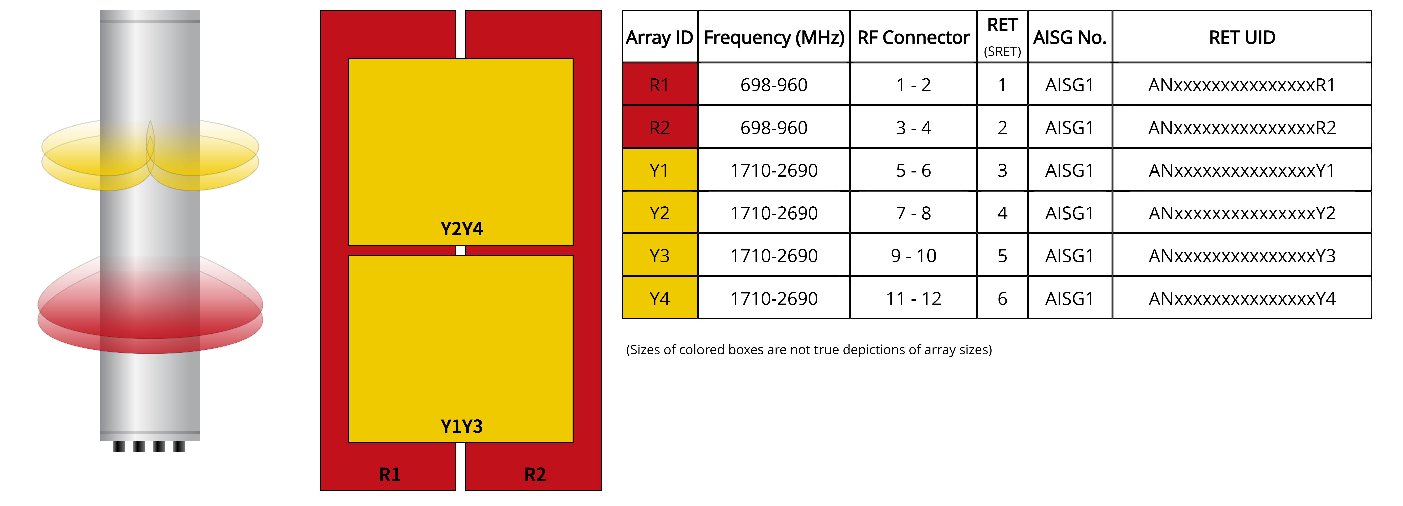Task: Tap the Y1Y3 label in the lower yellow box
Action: point(461,427)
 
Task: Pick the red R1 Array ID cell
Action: point(660,85)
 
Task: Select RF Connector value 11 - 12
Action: point(913,299)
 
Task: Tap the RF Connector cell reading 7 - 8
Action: point(913,213)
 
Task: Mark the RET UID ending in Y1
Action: point(1242,171)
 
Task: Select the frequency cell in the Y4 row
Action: point(774,299)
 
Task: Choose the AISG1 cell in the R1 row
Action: point(1069,85)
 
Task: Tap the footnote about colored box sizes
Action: point(809,350)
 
